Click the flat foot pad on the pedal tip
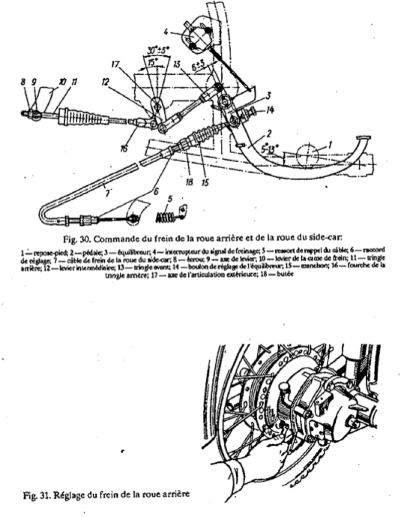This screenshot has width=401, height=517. pos(361,138)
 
